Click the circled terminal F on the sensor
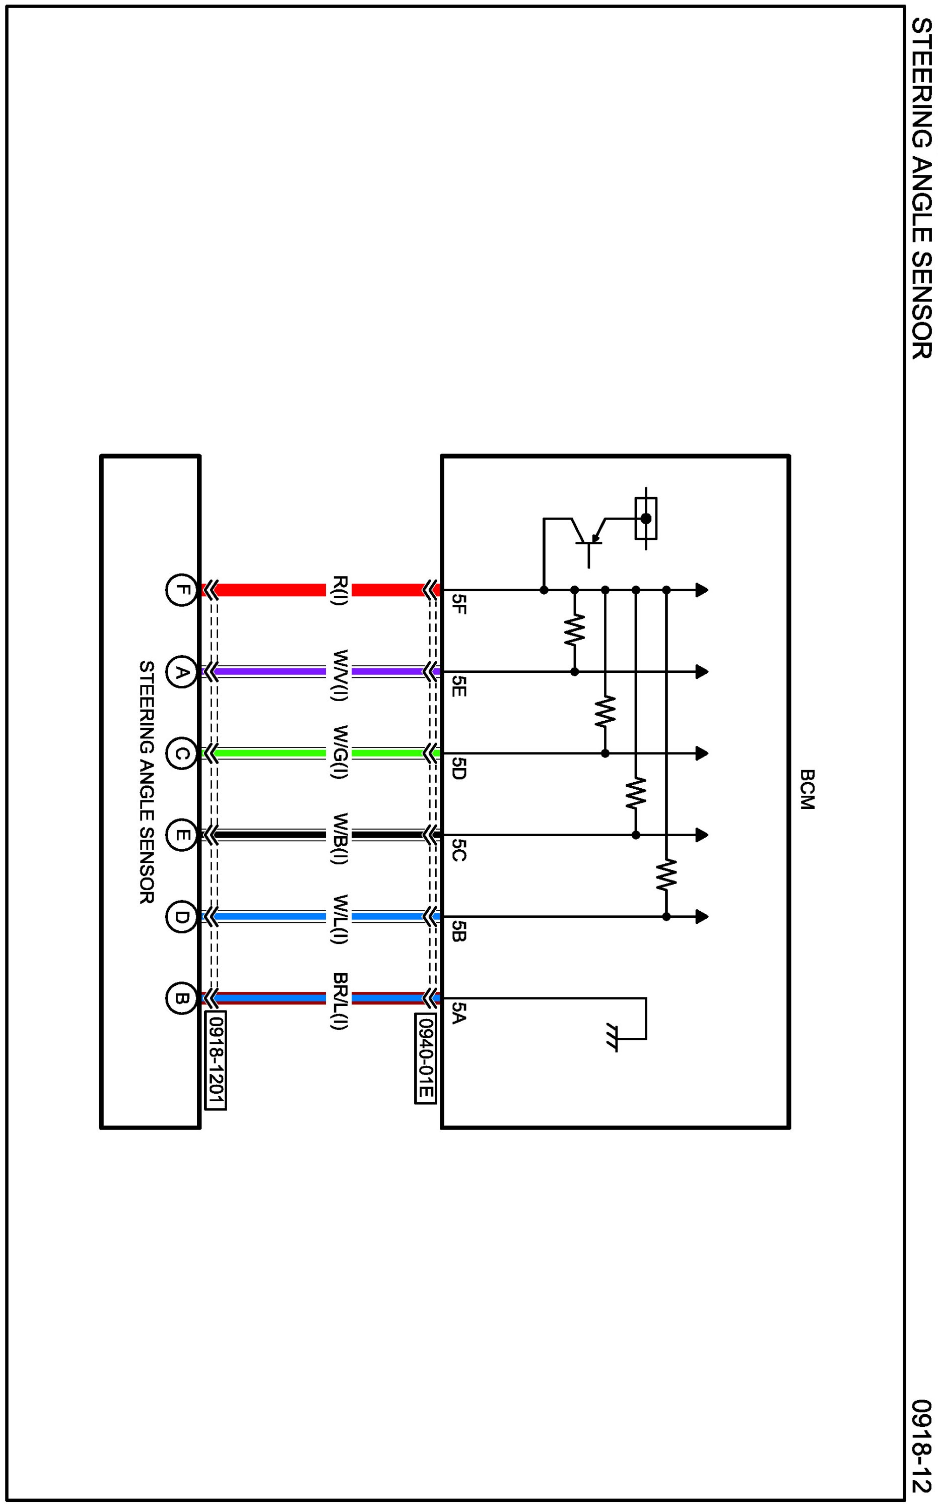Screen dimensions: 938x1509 (x=180, y=590)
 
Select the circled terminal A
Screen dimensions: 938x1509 (x=180, y=672)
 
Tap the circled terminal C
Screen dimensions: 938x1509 (x=180, y=754)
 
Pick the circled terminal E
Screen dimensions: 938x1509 (x=180, y=835)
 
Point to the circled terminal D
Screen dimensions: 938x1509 (x=180, y=916)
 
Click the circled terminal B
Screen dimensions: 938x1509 (x=180, y=998)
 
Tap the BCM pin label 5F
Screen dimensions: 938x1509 (x=459, y=604)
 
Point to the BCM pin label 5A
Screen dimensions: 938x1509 (x=459, y=1012)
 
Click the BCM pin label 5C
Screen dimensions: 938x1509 (x=459, y=849)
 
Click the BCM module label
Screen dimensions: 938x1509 (x=807, y=789)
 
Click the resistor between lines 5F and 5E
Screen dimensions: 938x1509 (x=574, y=631)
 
